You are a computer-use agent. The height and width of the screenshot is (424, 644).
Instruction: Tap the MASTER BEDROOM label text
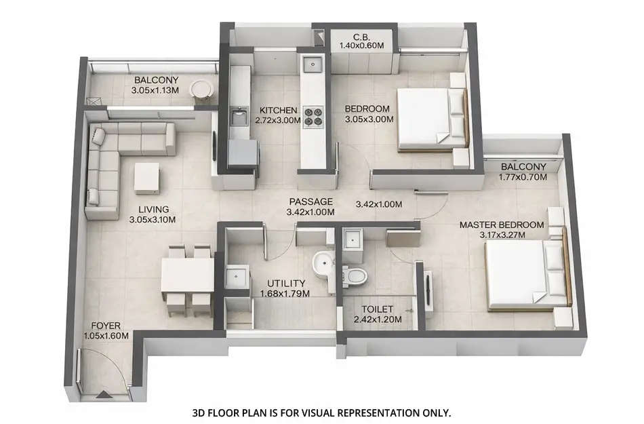[x=501, y=225]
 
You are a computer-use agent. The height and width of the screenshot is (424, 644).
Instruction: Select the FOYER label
[x=105, y=326]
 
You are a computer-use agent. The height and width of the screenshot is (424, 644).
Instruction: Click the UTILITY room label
[x=285, y=283]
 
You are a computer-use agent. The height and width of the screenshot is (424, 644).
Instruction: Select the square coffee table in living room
[x=147, y=178]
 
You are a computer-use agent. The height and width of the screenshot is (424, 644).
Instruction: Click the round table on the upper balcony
[x=200, y=90]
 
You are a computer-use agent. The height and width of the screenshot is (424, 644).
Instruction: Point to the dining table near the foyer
[x=186, y=275]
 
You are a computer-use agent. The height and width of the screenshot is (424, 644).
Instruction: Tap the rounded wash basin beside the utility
[x=323, y=263]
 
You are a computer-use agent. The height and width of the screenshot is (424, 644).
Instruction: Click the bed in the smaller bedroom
[x=427, y=118]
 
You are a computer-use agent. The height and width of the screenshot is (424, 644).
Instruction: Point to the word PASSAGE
[x=310, y=201]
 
